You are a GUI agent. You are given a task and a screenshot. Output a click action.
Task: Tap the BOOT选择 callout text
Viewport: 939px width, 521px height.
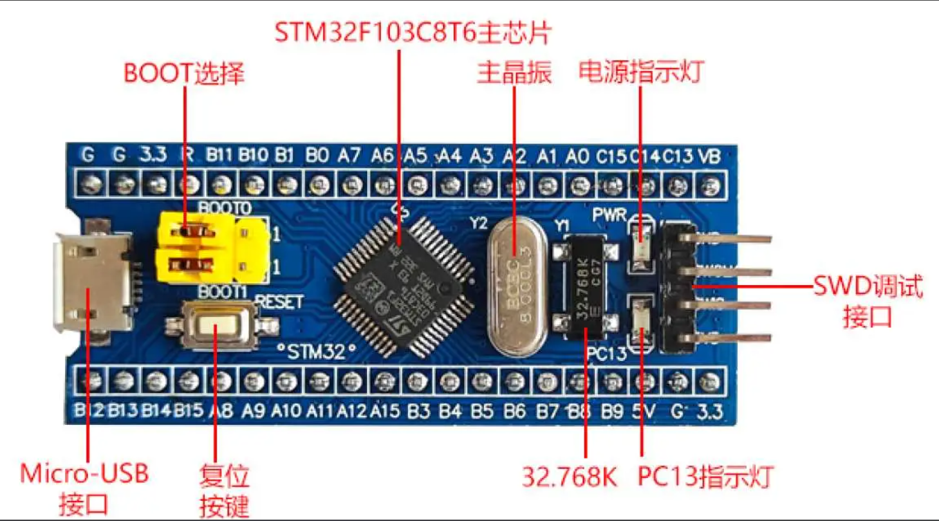pyautogui.click(x=184, y=73)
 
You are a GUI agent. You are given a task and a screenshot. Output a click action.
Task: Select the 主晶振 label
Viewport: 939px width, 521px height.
pyautogui.click(x=514, y=73)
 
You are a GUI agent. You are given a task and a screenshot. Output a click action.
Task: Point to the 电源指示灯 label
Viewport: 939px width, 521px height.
pyautogui.click(x=642, y=71)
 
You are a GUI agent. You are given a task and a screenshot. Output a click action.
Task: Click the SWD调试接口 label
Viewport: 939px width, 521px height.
pyautogui.click(x=868, y=302)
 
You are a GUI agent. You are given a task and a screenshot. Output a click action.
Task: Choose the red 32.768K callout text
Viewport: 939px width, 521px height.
pyautogui.click(x=569, y=477)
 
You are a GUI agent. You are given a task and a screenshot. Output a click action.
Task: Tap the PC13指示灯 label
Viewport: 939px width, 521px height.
pyautogui.click(x=705, y=477)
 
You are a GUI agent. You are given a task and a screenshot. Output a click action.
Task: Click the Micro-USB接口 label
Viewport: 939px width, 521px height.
pyautogui.click(x=84, y=488)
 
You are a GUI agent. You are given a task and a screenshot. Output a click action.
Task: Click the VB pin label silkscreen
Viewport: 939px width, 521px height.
pyautogui.click(x=709, y=156)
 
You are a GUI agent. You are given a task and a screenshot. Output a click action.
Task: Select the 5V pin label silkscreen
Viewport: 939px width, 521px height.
pyautogui.click(x=644, y=412)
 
